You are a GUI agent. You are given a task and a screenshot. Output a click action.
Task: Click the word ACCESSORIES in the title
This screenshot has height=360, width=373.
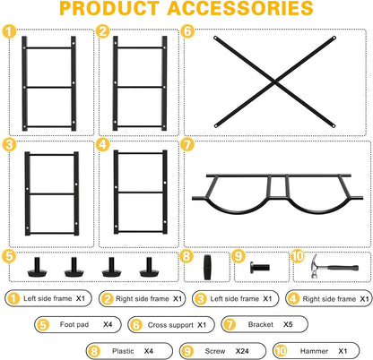[240, 8]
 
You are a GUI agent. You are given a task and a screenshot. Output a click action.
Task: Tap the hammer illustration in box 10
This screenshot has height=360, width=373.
[334, 267]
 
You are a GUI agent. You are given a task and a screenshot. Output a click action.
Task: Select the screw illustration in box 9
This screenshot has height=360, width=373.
[260, 267]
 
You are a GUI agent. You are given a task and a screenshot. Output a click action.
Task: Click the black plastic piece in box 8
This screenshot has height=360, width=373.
[207, 267]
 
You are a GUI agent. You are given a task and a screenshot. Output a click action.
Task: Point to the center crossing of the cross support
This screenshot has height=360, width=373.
[274, 81]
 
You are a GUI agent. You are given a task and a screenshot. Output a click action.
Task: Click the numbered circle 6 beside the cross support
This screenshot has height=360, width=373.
[188, 31]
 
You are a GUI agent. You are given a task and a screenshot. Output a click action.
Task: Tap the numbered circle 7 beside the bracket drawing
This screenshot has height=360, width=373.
[187, 145]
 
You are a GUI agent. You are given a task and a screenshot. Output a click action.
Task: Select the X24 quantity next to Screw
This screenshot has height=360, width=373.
[242, 351]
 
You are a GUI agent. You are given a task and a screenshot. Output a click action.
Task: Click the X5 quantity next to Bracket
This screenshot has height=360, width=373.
[288, 324]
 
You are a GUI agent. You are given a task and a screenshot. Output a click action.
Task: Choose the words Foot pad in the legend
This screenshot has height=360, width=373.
[74, 324]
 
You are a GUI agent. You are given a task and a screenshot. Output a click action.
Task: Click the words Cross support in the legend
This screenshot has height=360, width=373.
[170, 325]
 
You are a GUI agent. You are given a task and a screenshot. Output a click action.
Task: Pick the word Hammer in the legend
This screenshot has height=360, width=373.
[314, 351]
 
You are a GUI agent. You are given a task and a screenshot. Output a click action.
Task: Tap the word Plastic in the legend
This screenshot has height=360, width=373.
[123, 351]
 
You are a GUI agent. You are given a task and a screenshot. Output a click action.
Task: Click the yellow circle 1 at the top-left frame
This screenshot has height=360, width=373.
[9, 31]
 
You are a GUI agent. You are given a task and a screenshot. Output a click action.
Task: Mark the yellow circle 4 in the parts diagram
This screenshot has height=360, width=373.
[102, 145]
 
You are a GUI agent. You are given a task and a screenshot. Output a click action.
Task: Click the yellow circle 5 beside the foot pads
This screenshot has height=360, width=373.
[9, 256]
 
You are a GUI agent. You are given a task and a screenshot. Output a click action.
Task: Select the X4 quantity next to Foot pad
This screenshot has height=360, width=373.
[108, 324]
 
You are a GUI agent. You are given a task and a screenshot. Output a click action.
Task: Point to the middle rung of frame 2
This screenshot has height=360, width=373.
[140, 87]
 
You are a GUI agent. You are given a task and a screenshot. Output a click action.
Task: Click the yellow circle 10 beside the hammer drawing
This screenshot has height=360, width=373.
[298, 256]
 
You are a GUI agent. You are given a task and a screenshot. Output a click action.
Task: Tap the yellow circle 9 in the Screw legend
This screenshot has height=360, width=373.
[187, 351]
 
